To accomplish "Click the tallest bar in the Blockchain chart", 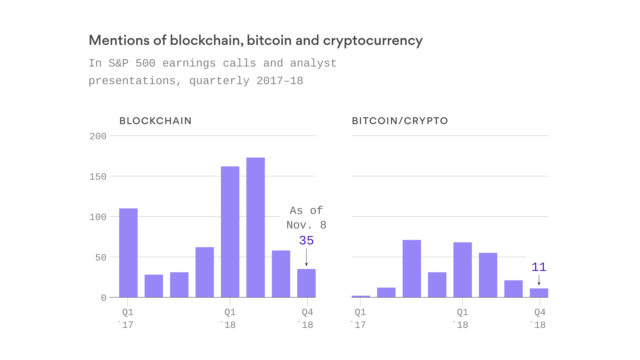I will [x=255, y=227].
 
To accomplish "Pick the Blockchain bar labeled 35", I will [x=306, y=283].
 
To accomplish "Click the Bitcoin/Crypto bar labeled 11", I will [x=539, y=293].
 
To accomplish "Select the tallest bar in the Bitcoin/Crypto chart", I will [x=412, y=268].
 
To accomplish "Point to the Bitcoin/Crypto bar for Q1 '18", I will [x=462, y=270].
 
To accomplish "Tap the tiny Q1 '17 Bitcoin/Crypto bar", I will [x=361, y=296].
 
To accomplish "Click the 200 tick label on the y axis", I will [x=98, y=136].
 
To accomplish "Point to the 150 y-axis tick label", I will [x=98, y=177].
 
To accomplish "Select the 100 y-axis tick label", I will [x=98, y=217].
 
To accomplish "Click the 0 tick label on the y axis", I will [x=103, y=298].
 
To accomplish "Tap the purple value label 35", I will [x=306, y=240].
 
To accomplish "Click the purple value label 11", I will [x=539, y=267].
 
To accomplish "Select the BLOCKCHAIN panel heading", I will [x=155, y=121].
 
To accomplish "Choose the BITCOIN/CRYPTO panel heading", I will [x=400, y=121].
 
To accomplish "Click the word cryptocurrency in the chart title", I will [x=373, y=41].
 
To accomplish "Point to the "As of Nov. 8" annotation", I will [x=306, y=218].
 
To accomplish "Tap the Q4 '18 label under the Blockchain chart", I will [x=307, y=318].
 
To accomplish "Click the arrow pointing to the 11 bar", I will [x=539, y=280].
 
